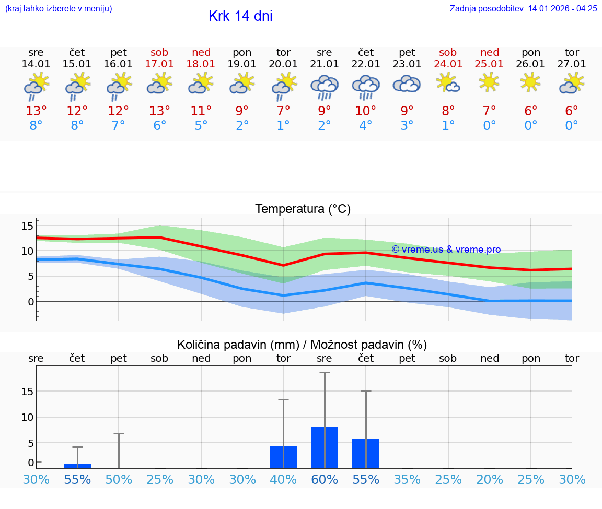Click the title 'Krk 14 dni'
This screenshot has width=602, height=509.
click(x=240, y=16)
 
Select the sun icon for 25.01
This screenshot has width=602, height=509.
click(x=489, y=82)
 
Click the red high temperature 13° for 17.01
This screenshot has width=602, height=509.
click(x=159, y=111)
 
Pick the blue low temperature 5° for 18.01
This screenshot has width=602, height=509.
click(x=201, y=126)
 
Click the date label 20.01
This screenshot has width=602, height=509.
click(x=283, y=64)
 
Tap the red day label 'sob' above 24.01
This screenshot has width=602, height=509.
click(x=448, y=52)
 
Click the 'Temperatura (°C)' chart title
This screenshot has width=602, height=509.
click(x=303, y=209)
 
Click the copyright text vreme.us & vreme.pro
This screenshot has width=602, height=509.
click(x=446, y=250)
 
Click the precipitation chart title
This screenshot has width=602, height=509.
click(x=302, y=345)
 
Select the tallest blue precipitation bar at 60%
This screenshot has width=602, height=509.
click(x=325, y=447)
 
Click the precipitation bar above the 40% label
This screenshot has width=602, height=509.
click(x=283, y=457)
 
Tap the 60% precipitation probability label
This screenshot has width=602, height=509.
click(x=325, y=480)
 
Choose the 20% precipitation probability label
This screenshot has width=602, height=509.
click(x=490, y=480)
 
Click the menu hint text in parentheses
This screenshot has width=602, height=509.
click(x=59, y=8)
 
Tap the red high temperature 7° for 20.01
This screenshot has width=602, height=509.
click(x=283, y=111)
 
